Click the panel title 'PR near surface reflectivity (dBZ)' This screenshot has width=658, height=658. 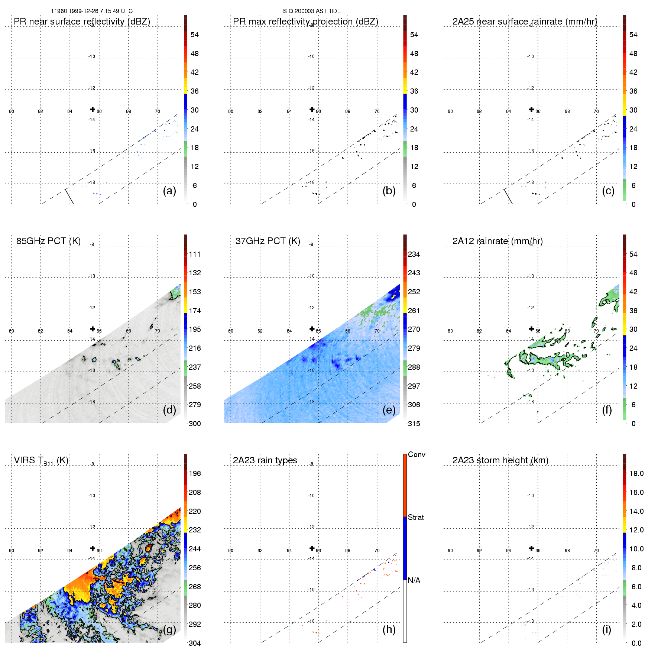tap(82, 22)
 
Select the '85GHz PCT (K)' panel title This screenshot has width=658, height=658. tap(48, 241)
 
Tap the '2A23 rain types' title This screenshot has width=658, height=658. tap(265, 460)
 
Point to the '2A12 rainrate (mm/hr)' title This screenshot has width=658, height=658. tap(497, 241)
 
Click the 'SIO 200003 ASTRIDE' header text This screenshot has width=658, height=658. tap(312, 11)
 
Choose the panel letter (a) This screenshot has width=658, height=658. tap(169, 191)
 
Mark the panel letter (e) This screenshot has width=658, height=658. tap(389, 410)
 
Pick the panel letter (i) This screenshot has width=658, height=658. tap(606, 629)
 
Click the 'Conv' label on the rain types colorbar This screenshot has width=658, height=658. tap(416, 455)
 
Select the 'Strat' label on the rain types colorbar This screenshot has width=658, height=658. tap(416, 518)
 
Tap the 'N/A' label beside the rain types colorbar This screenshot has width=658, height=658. tap(414, 580)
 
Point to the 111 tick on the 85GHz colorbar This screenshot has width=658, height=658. tap(195, 255)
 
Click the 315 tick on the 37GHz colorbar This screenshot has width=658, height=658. tap(414, 424)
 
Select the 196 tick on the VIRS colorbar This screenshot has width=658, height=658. tap(195, 474)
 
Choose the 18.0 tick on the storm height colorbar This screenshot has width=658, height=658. tap(636, 474)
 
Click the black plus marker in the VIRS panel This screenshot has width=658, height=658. tap(93, 548)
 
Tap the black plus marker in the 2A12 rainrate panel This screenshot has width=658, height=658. tap(531, 329)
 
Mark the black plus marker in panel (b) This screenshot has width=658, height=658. tap(312, 109)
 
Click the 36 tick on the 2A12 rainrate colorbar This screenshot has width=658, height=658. tap(633, 311)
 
